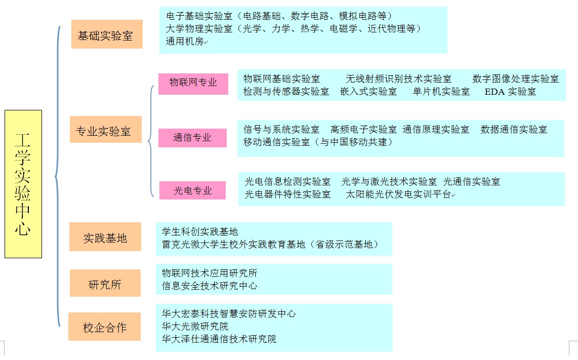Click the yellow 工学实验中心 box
(x=23, y=184)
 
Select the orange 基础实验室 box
(x=107, y=34)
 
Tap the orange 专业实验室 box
(x=106, y=130)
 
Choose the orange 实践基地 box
(x=105, y=237)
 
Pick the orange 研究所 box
(x=105, y=283)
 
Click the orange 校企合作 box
(x=104, y=327)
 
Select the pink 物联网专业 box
(x=193, y=84)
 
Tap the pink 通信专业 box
(x=192, y=138)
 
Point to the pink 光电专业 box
(x=192, y=190)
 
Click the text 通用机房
(x=185, y=42)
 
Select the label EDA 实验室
(x=510, y=92)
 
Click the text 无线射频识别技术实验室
(x=398, y=78)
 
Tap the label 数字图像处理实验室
(x=516, y=78)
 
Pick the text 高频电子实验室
(x=363, y=130)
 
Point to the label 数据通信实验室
(x=514, y=130)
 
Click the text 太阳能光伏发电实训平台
(x=398, y=194)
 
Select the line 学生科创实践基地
(x=200, y=231)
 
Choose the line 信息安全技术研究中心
(x=210, y=286)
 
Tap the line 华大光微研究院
(x=195, y=327)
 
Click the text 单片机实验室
(x=441, y=92)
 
